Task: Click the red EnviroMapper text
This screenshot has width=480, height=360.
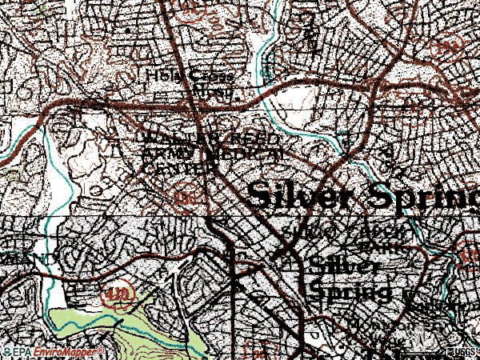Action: click(x=68, y=352)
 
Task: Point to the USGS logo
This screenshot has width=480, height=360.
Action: click(x=463, y=352)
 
